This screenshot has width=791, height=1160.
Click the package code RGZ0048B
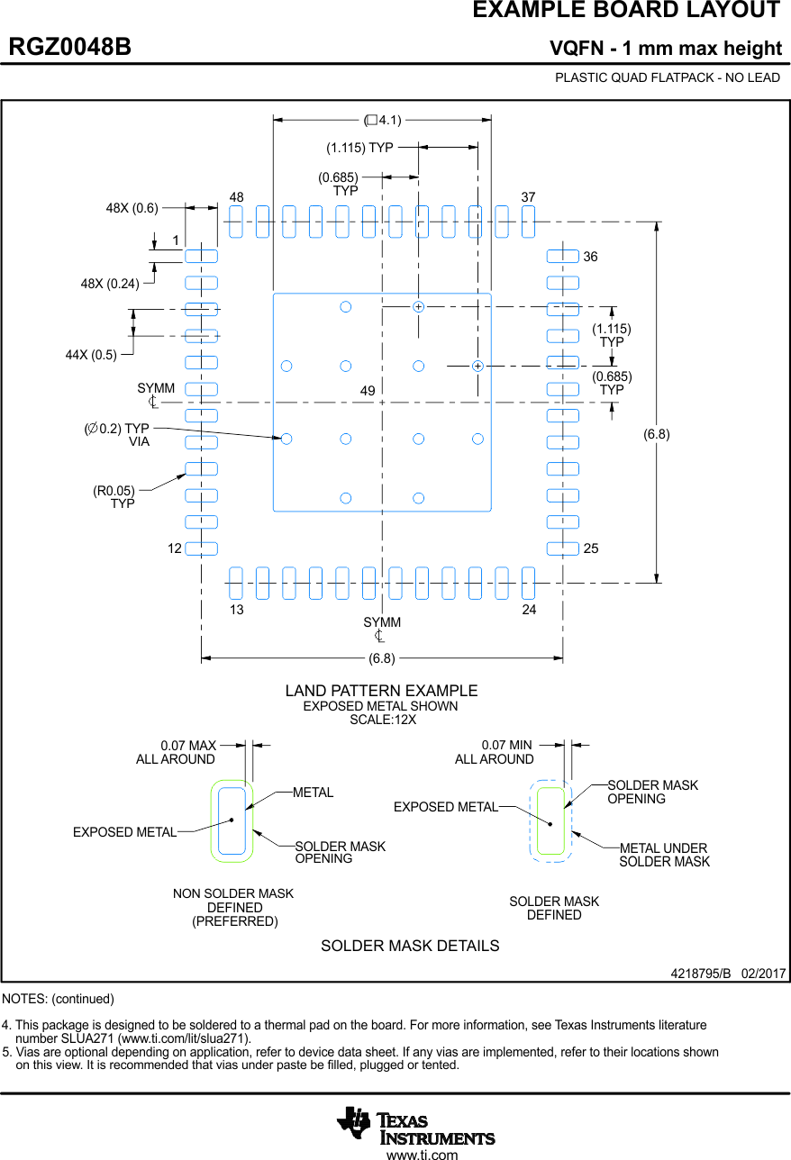point(70,48)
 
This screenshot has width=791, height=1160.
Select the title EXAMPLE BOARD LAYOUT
point(625,11)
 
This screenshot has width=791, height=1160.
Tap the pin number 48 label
point(236,197)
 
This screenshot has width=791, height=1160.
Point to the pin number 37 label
point(528,197)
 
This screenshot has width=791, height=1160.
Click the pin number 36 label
point(590,257)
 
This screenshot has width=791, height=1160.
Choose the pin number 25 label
point(590,548)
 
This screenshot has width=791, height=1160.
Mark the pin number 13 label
point(236,610)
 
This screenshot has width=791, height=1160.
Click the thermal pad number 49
point(368,391)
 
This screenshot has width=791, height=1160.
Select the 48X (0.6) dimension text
point(132,208)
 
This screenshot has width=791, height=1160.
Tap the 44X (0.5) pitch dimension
point(91,354)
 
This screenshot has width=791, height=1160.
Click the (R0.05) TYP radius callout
point(114,497)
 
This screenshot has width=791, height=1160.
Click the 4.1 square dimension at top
point(383,120)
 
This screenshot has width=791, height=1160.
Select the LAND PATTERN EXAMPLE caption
point(381,691)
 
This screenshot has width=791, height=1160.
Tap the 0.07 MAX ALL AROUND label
point(177,752)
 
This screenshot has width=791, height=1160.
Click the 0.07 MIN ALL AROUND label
point(495,752)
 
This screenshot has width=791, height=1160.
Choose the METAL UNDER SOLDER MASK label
point(664,855)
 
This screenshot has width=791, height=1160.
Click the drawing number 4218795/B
point(700,974)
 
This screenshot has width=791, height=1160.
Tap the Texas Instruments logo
point(415,1126)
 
